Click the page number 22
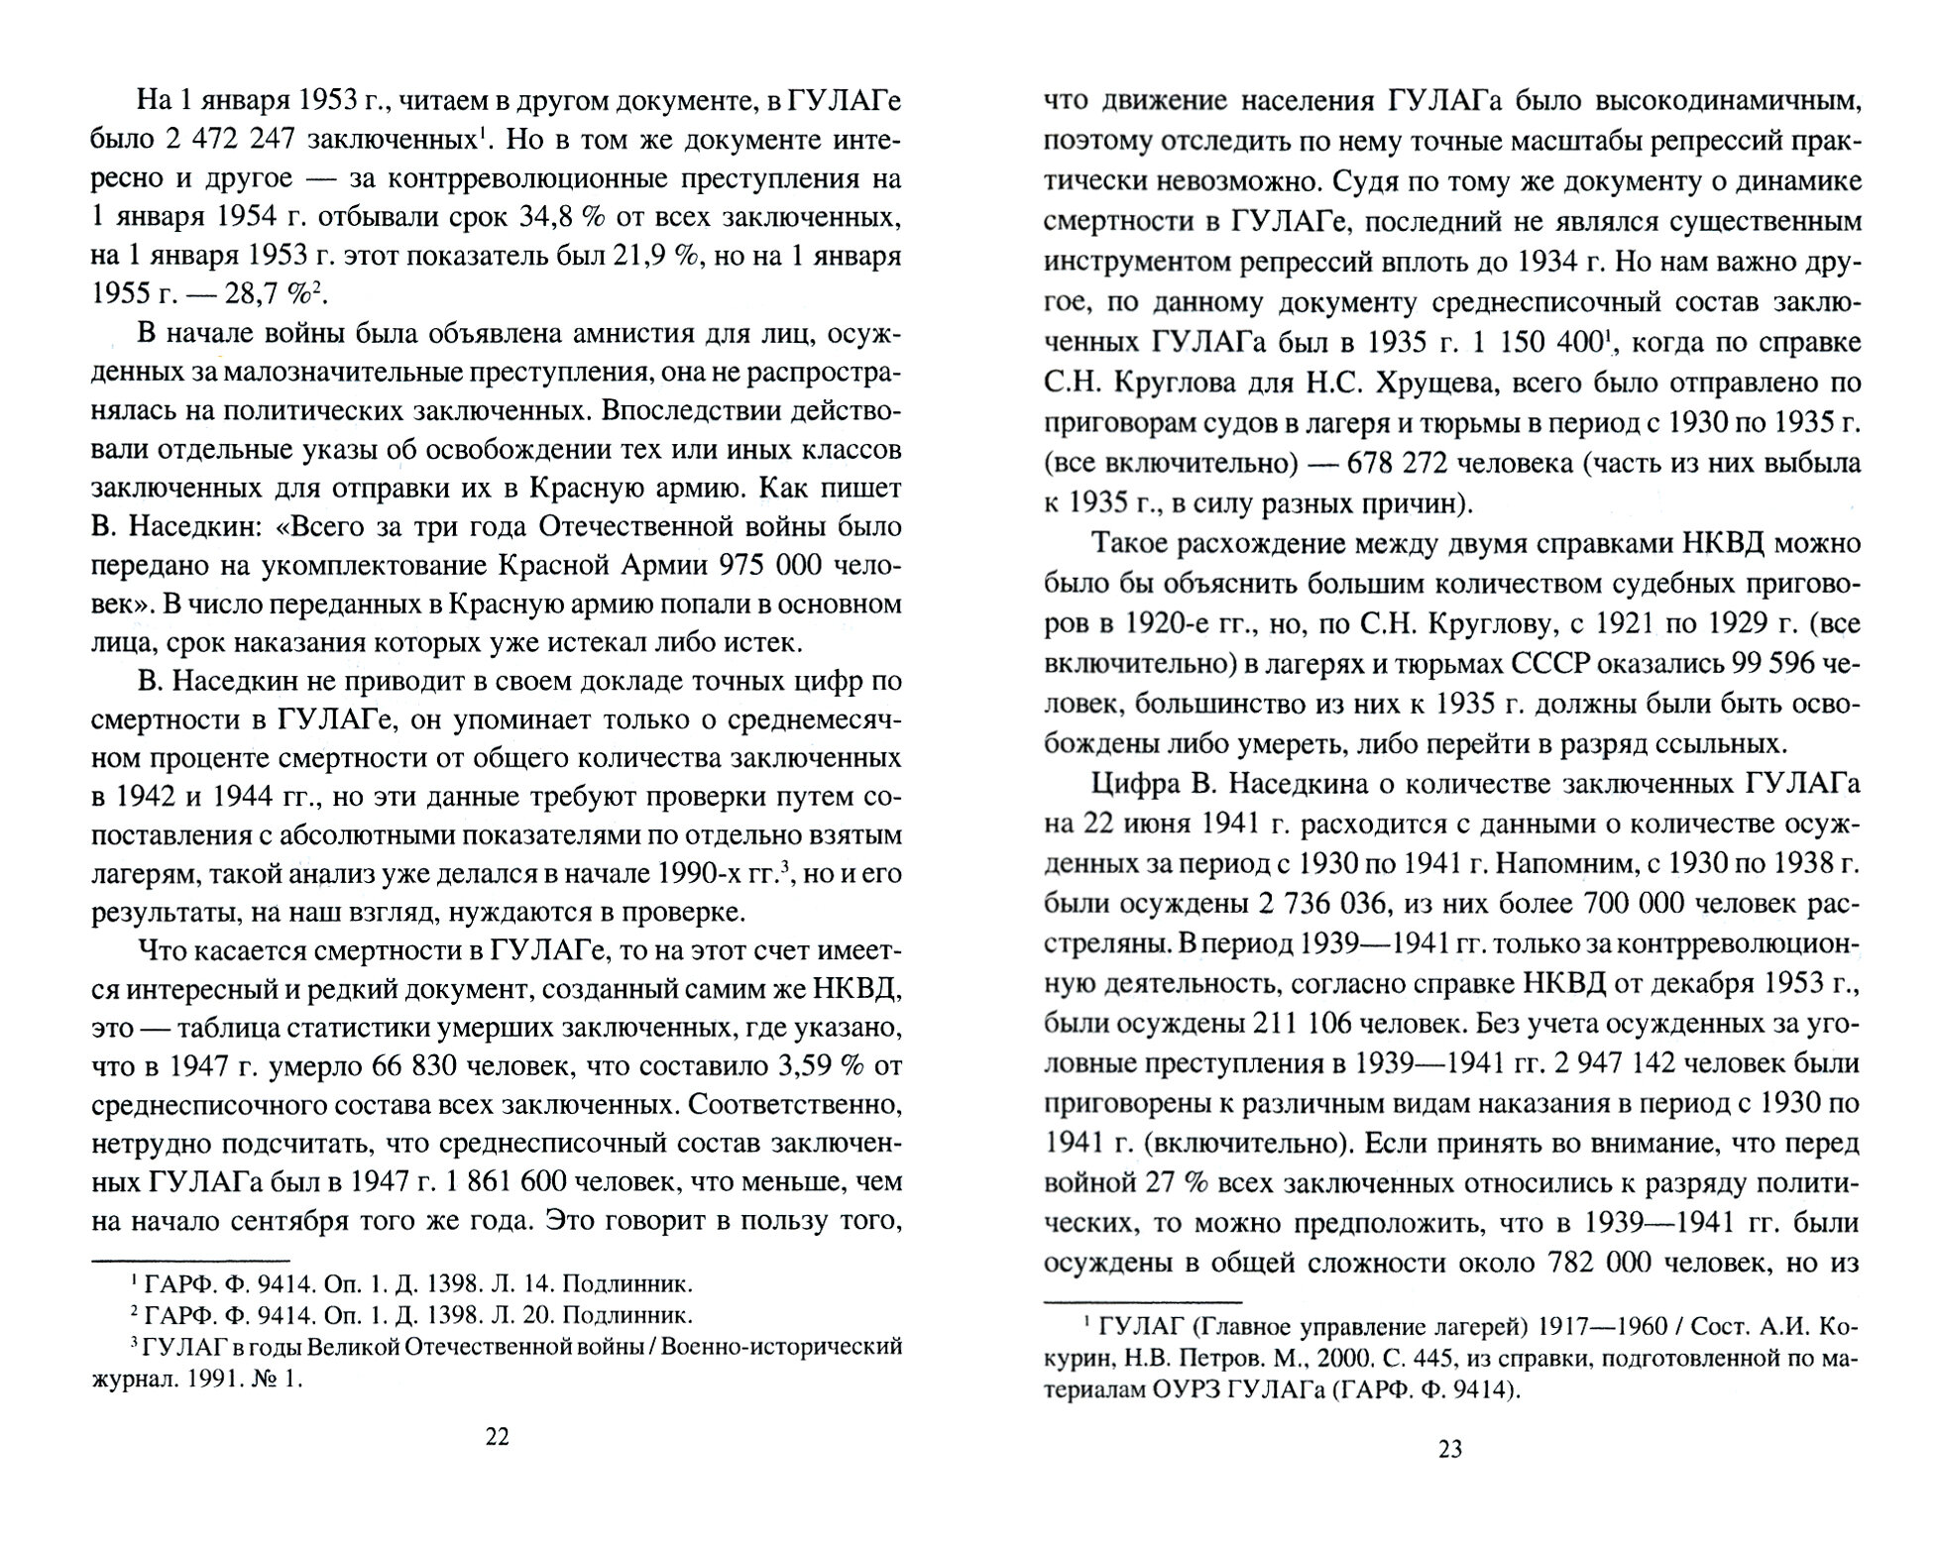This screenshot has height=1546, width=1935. pyautogui.click(x=498, y=1437)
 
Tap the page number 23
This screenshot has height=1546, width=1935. pyautogui.click(x=1449, y=1450)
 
